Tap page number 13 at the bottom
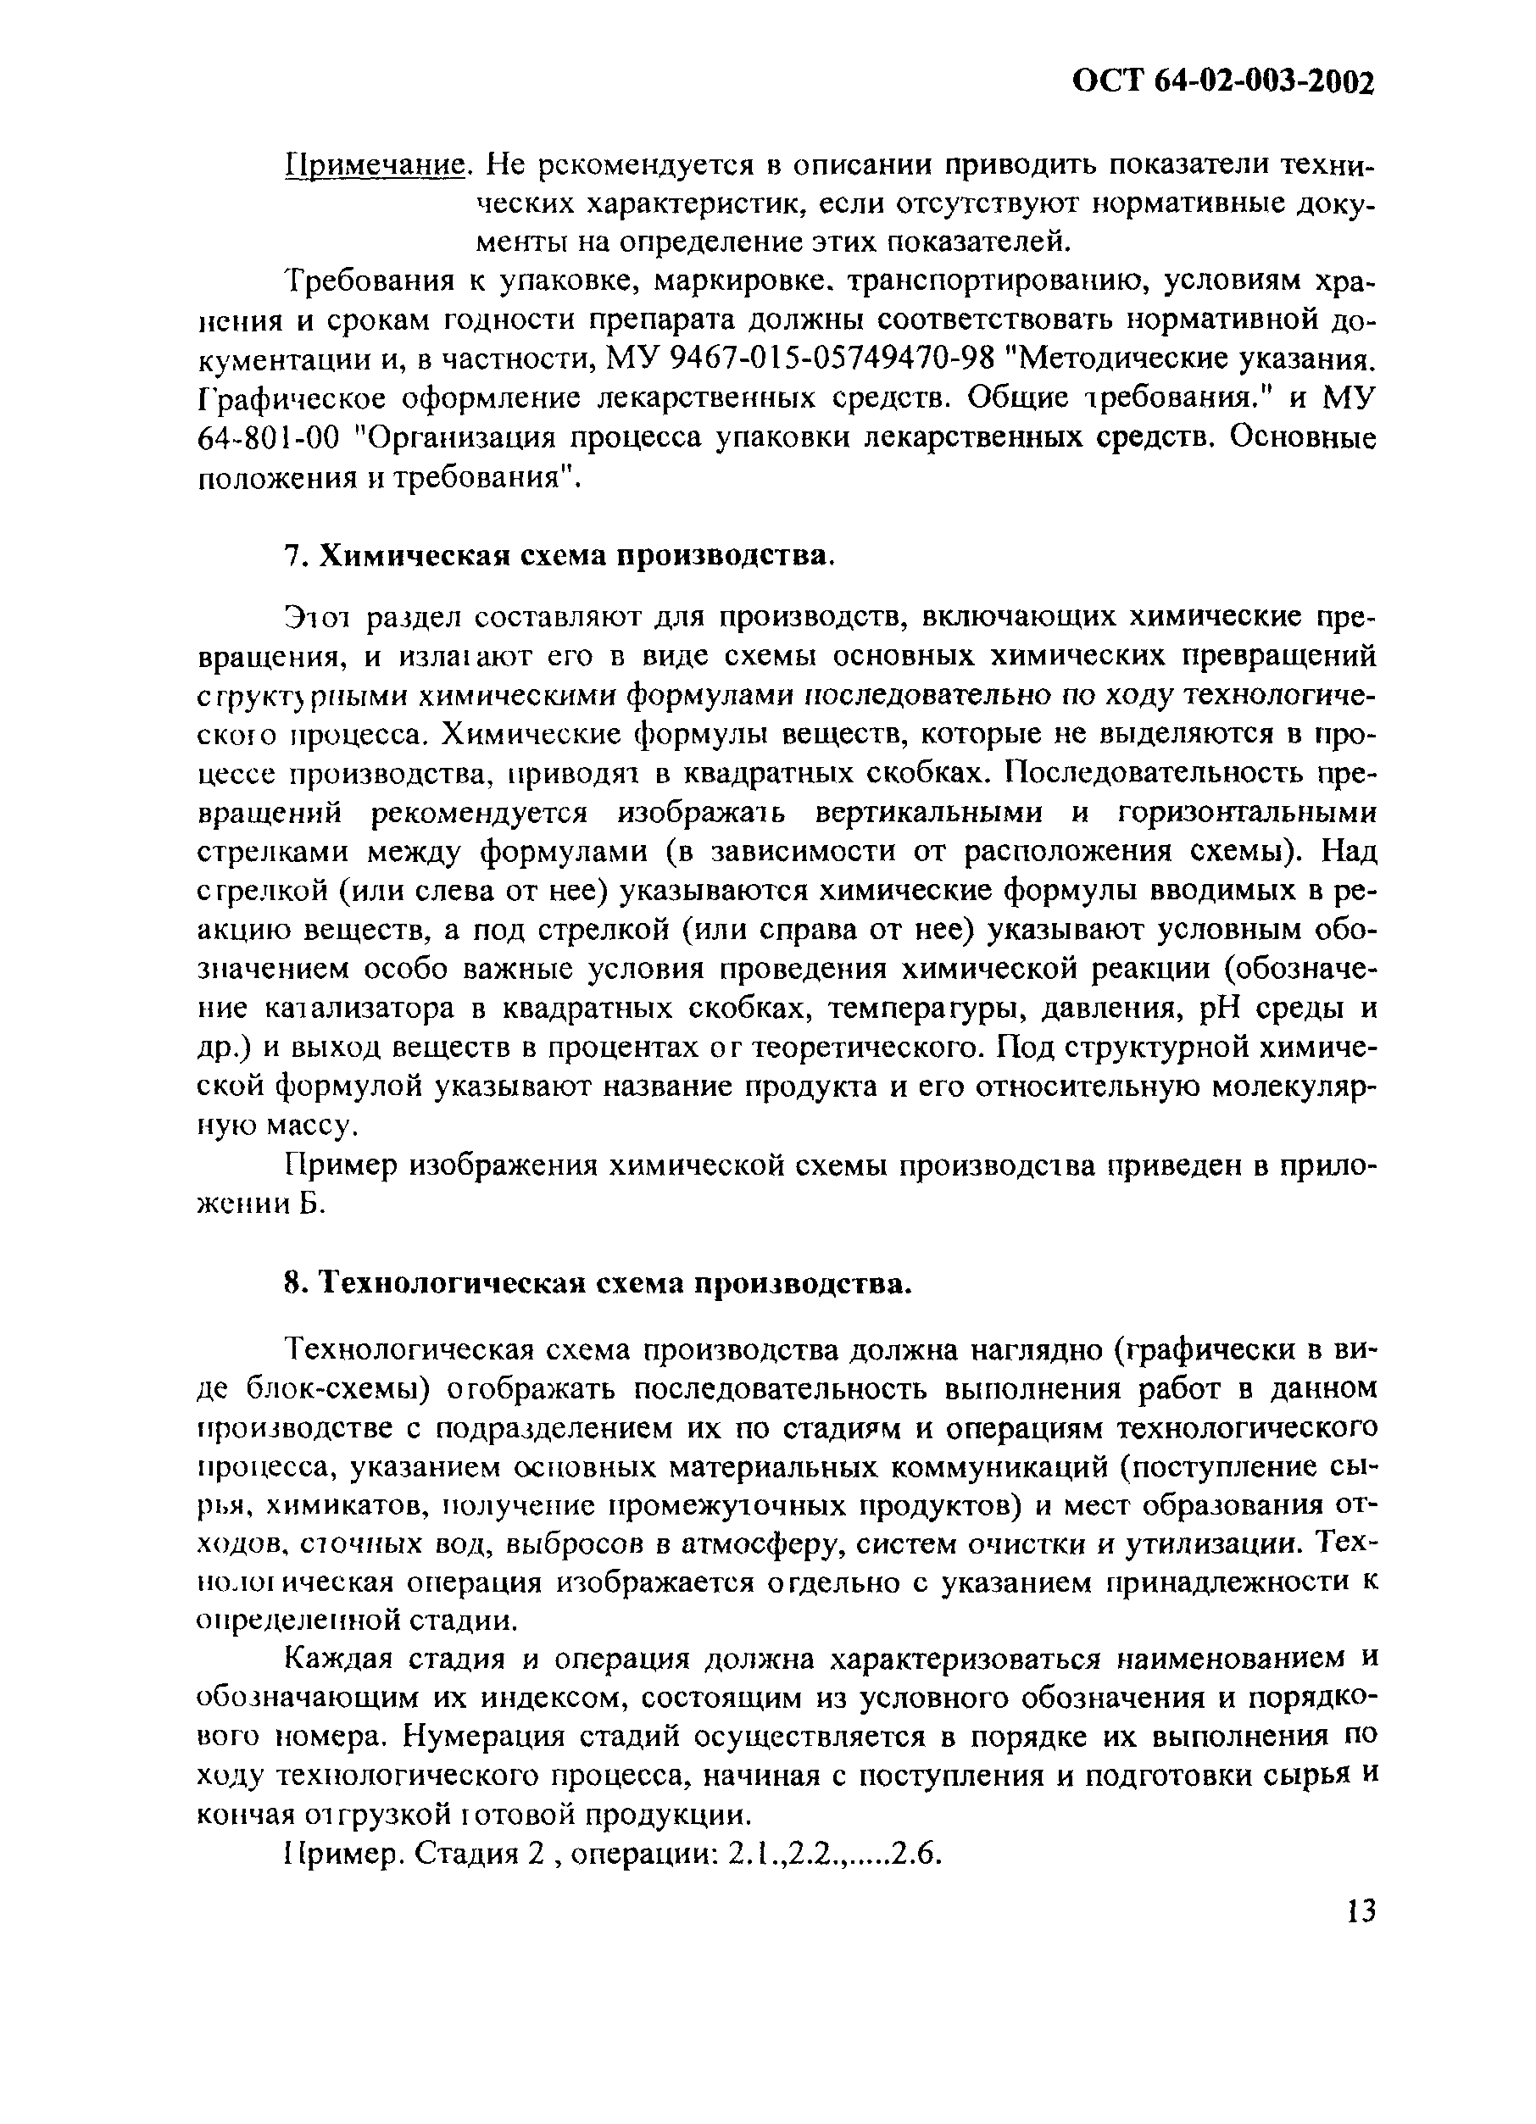point(1357,1910)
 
